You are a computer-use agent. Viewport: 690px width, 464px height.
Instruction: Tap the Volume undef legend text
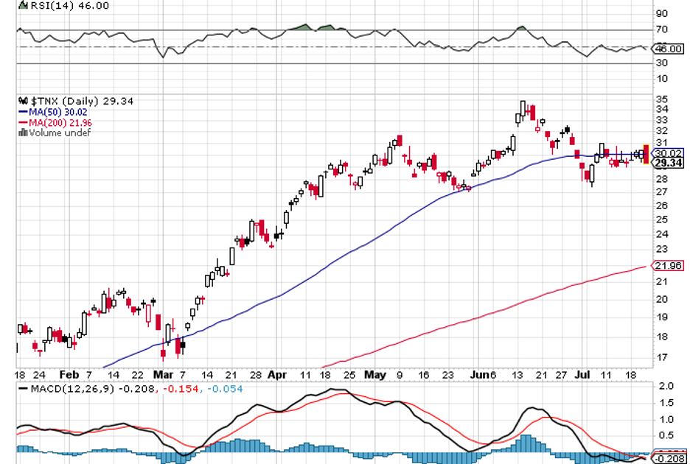click(55, 133)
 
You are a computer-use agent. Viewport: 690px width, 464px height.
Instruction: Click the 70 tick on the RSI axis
click(661, 30)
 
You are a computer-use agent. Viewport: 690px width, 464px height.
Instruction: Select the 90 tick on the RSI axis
click(661, 13)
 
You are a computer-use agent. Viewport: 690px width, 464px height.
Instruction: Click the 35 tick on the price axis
click(661, 99)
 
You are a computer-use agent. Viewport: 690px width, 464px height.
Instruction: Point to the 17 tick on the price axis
click(661, 358)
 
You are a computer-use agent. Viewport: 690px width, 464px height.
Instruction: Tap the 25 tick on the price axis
click(661, 219)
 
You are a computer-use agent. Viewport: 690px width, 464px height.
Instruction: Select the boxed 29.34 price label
click(669, 164)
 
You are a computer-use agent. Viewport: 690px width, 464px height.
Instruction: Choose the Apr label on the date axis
click(276, 374)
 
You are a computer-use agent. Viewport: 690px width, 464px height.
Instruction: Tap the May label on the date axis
click(374, 374)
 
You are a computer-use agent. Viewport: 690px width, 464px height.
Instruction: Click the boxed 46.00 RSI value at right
click(669, 48)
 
